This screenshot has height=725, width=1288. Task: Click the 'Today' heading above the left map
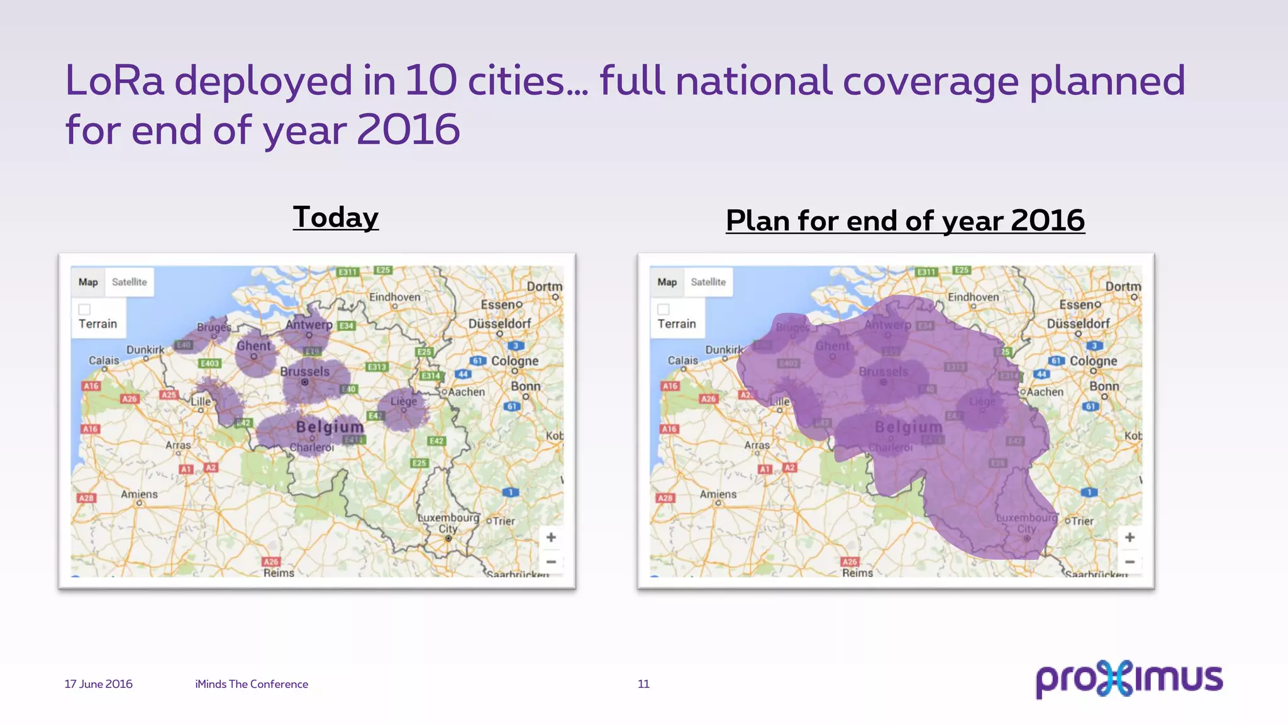(x=335, y=217)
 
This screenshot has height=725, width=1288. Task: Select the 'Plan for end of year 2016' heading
(x=905, y=221)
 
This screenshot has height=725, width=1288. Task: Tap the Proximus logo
(x=1129, y=679)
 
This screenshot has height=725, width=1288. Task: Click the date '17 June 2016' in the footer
(x=99, y=684)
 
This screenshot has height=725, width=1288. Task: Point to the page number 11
(x=643, y=684)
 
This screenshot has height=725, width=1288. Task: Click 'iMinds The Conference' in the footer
(x=252, y=684)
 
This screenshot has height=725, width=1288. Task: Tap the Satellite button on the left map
(x=129, y=282)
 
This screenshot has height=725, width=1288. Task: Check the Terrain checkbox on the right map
(x=663, y=310)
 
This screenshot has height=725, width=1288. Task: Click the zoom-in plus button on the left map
(x=551, y=537)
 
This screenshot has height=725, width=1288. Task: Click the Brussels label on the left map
(x=305, y=371)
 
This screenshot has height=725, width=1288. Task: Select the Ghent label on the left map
(x=253, y=346)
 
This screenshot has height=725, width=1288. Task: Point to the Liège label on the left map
(x=404, y=401)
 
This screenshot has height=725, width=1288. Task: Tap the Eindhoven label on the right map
(x=973, y=297)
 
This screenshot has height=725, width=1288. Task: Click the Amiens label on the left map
(x=139, y=495)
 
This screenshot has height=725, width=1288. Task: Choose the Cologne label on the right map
(x=1094, y=361)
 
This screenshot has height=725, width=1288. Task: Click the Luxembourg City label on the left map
(x=448, y=523)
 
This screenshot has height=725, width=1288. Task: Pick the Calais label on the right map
(x=683, y=361)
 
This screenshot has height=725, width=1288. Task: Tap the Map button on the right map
(x=667, y=282)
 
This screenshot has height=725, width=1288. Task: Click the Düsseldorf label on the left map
(x=500, y=323)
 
